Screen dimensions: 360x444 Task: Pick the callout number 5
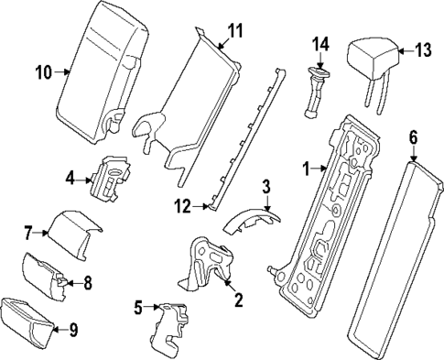[139, 308]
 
